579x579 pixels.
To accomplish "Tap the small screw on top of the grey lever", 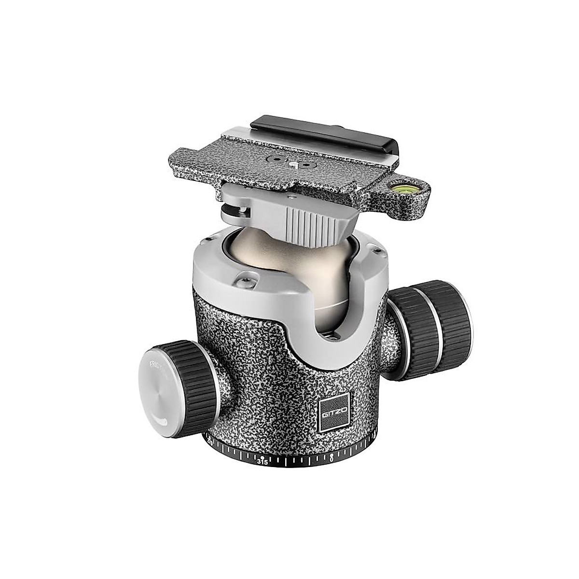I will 289,197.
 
